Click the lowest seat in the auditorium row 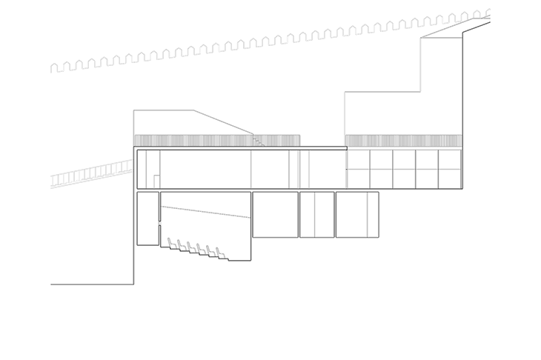pyautogui.click(x=220, y=254)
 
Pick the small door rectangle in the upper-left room pyautogui.click(x=156, y=181)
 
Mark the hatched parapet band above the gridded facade pyautogui.click(x=403, y=141)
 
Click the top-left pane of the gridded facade pyautogui.click(x=358, y=159)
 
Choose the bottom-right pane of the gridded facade pyautogui.click(x=449, y=179)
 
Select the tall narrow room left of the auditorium pyautogui.click(x=147, y=218)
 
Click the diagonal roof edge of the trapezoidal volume pyautogui.click(x=222, y=122)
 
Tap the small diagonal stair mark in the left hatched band pyautogui.click(x=257, y=140)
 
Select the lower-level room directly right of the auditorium pyautogui.click(x=275, y=215)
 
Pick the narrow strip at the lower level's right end pyautogui.click(x=373, y=215)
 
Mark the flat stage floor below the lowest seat pyautogui.click(x=239, y=260)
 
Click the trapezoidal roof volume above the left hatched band pyautogui.click(x=178, y=123)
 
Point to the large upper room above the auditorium pyautogui.click(x=205, y=170)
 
